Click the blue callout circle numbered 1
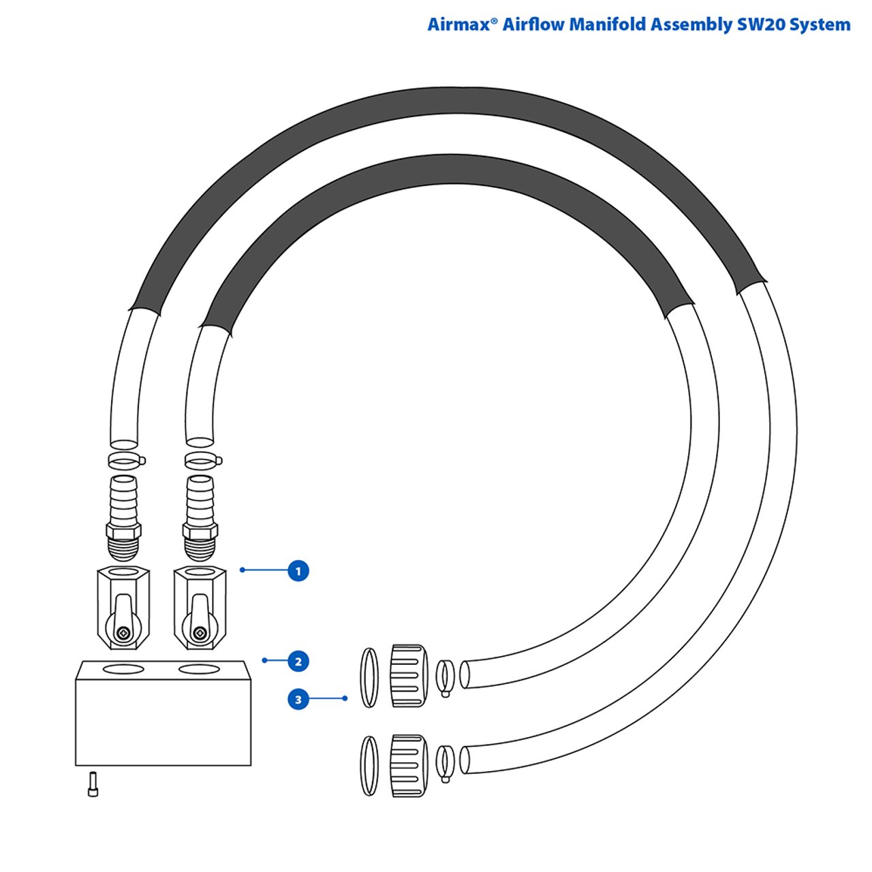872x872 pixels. pyautogui.click(x=298, y=571)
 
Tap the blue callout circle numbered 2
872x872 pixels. pyautogui.click(x=298, y=661)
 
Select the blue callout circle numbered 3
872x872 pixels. pyautogui.click(x=298, y=700)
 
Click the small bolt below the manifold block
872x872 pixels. pyautogui.click(x=93, y=784)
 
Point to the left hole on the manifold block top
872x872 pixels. pyautogui.click(x=123, y=670)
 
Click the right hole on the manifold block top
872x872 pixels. pyautogui.click(x=199, y=670)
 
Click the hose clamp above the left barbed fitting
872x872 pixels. pyautogui.click(x=126, y=461)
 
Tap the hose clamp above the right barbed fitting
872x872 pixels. pyautogui.click(x=202, y=461)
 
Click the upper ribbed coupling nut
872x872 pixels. pyautogui.click(x=409, y=676)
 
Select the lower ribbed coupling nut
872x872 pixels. pyautogui.click(x=409, y=766)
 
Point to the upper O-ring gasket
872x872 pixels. pyautogui.click(x=369, y=677)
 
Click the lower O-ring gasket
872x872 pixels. pyautogui.click(x=369, y=766)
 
